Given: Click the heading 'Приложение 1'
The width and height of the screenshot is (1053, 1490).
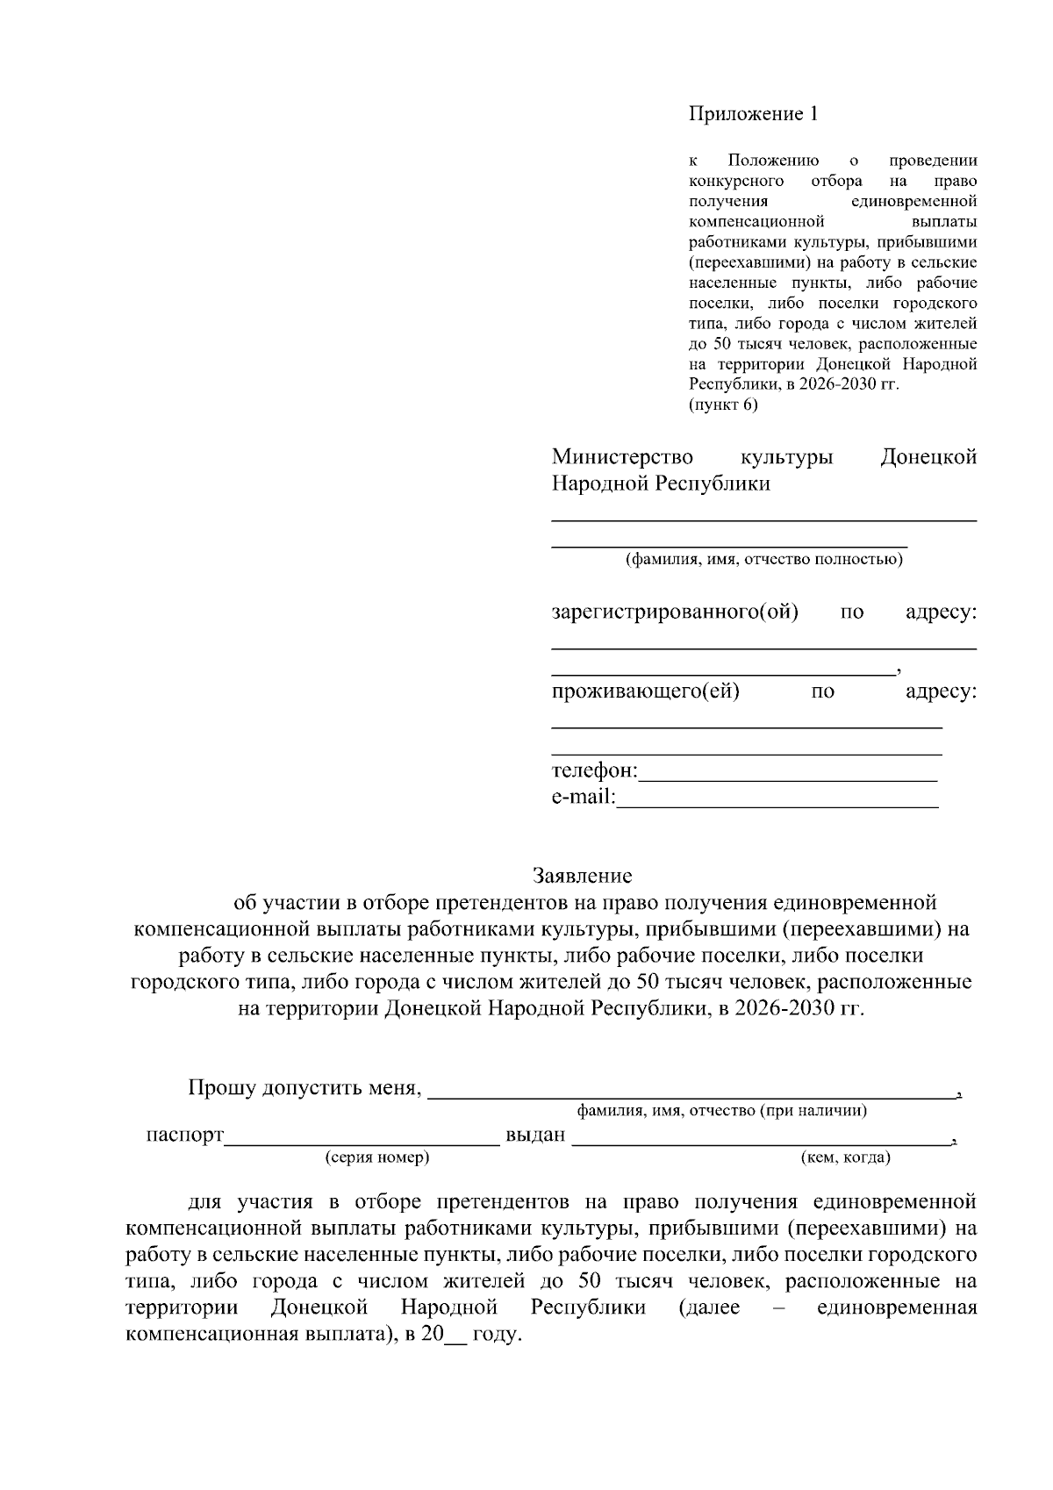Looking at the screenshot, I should [753, 114].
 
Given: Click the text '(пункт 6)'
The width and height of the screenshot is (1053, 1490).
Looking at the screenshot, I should [722, 405].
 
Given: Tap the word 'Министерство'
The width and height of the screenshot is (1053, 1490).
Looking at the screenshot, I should [622, 457].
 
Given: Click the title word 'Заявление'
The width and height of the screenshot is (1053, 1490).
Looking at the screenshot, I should [583, 876].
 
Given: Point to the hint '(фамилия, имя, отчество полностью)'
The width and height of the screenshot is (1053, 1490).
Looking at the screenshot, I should [763, 560].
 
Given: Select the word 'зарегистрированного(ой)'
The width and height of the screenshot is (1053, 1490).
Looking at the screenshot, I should [675, 612].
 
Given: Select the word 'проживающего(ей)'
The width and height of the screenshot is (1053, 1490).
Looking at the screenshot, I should [645, 691].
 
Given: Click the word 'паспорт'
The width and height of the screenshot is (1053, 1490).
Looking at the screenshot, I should [185, 1135].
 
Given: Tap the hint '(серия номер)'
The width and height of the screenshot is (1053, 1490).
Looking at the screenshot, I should [377, 1157].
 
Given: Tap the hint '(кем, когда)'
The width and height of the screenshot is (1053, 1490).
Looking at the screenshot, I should [846, 1157].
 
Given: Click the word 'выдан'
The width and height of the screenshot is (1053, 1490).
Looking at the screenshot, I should [535, 1135].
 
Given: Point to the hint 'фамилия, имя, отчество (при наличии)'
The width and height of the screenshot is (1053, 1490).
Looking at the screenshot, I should [721, 1111].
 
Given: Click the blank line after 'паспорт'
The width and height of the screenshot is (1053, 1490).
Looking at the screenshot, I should [362, 1138].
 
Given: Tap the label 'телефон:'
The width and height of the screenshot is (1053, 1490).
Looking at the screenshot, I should [594, 771].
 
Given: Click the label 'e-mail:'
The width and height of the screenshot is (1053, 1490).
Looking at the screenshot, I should [584, 799].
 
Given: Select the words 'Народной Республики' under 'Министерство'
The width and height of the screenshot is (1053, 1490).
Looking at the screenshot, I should [661, 484].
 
